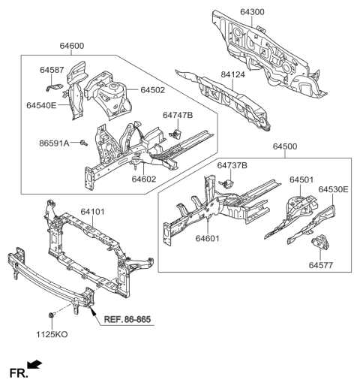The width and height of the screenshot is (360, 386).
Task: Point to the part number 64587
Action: tap(52, 70)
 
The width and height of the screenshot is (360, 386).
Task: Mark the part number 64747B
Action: tap(178, 115)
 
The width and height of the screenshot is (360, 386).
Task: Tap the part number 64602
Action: tap(144, 179)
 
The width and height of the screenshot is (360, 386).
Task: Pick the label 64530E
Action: tap(333, 190)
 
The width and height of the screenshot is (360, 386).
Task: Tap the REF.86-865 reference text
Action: tap(127, 320)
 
